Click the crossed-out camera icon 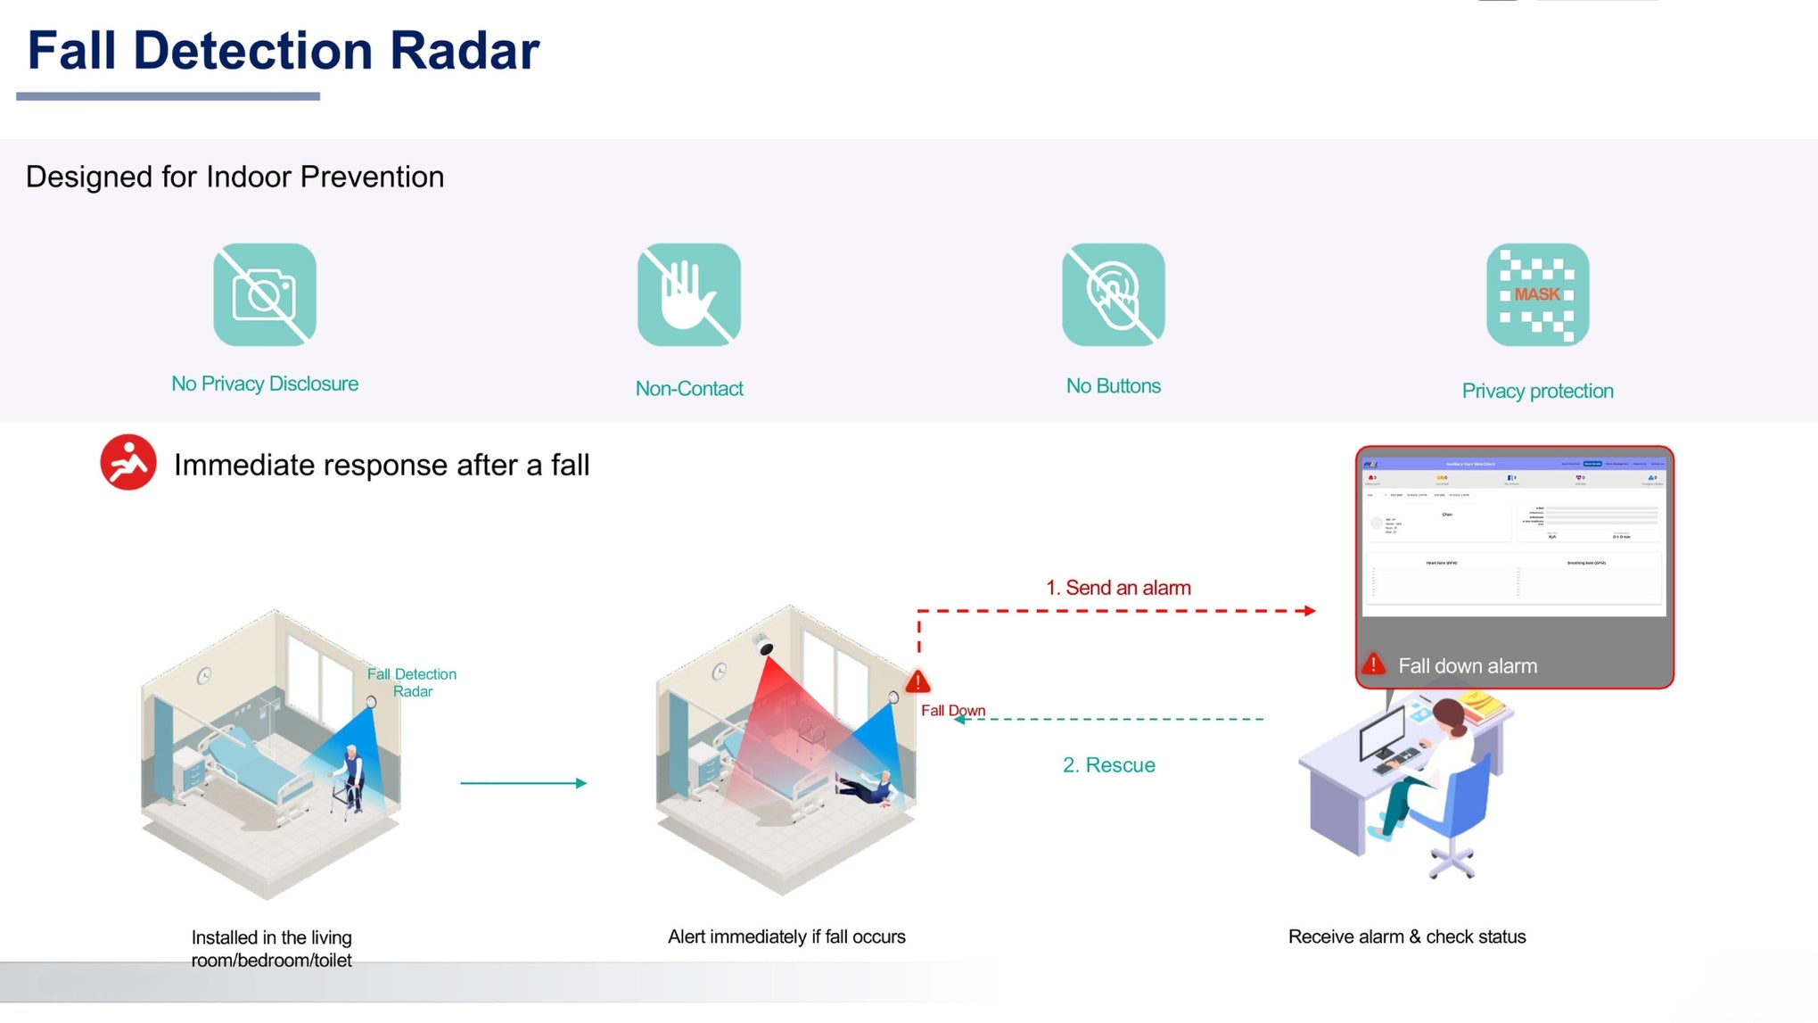click(265, 294)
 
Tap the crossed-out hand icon click(688, 294)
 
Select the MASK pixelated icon click(1537, 294)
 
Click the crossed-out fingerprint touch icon click(1113, 294)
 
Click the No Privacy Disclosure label click(265, 384)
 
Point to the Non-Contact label click(688, 389)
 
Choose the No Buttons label click(1113, 386)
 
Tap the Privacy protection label click(1537, 391)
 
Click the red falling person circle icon click(128, 462)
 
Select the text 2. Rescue click(1108, 765)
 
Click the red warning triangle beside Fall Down click(917, 683)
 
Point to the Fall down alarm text click(1467, 666)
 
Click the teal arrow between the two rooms click(523, 783)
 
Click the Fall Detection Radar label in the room click(412, 682)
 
